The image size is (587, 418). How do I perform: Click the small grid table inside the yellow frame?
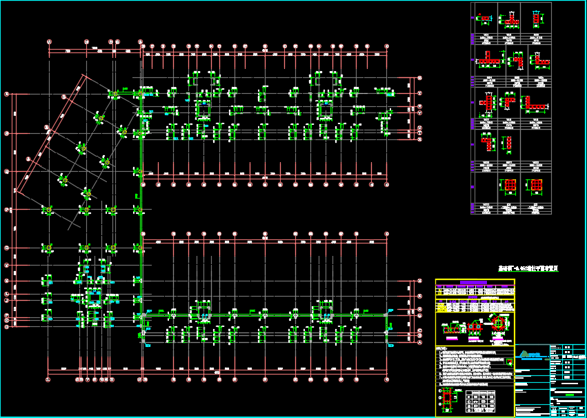(x=481, y=401)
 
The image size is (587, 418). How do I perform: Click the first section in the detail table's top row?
(x=485, y=19)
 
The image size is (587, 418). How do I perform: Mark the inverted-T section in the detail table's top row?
(x=510, y=19)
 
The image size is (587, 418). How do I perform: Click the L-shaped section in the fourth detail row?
(x=488, y=143)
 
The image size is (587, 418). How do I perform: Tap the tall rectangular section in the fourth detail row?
(x=508, y=143)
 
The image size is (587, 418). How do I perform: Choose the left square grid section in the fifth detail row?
(x=508, y=186)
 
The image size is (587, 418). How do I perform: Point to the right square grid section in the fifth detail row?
(x=536, y=186)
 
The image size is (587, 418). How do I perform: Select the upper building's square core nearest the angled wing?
(x=203, y=109)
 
